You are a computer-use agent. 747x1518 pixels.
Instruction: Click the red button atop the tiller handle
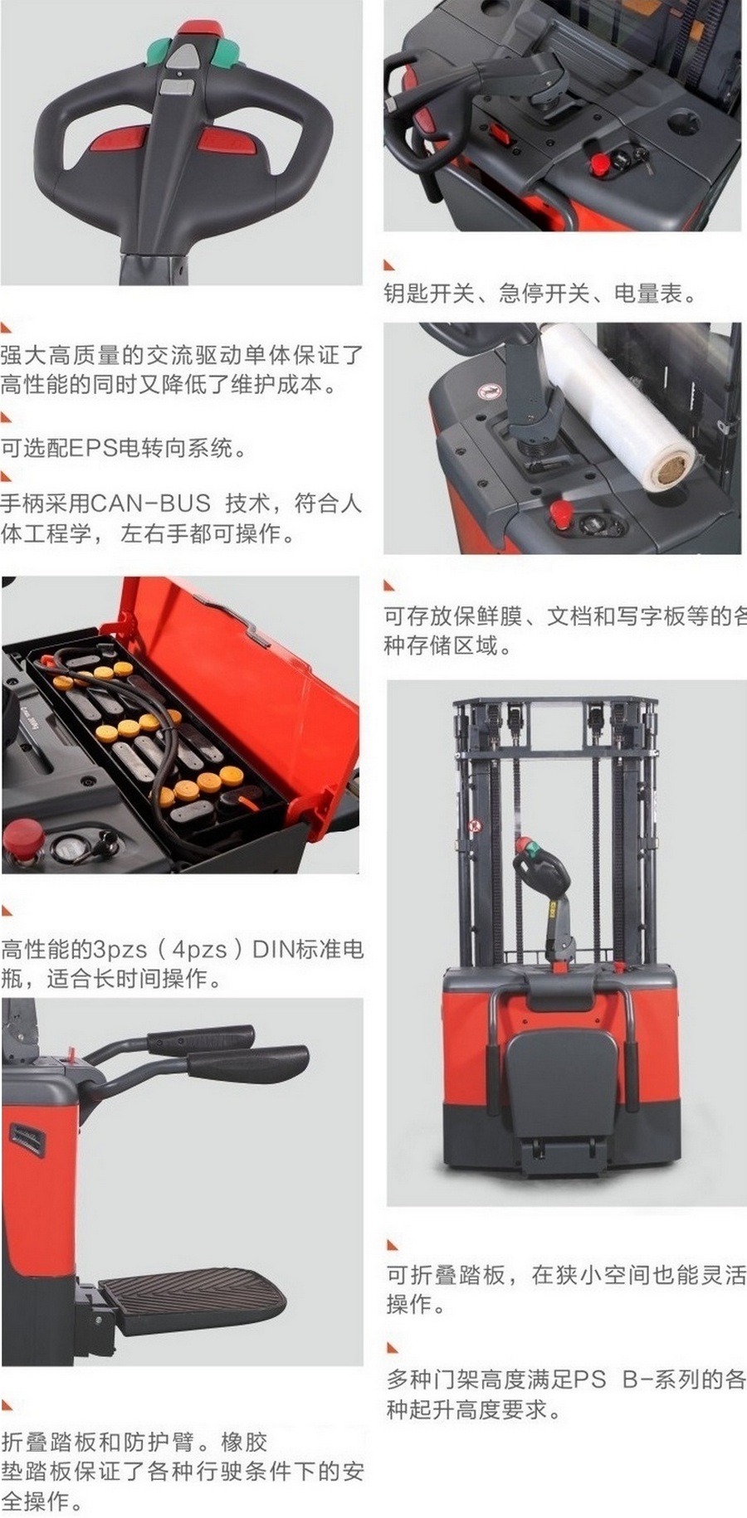click(x=199, y=27)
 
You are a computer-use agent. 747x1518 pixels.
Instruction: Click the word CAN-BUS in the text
click(x=150, y=504)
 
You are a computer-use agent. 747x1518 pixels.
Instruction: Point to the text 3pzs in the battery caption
click(x=120, y=949)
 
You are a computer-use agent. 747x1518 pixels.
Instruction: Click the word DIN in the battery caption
click(x=274, y=949)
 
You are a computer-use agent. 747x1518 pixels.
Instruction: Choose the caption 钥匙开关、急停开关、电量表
click(x=540, y=293)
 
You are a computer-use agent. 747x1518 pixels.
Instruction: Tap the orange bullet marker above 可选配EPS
click(x=7, y=417)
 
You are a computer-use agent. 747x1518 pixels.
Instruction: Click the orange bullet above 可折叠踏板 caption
click(x=393, y=1244)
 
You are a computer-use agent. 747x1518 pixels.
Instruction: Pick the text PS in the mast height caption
click(x=590, y=1379)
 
